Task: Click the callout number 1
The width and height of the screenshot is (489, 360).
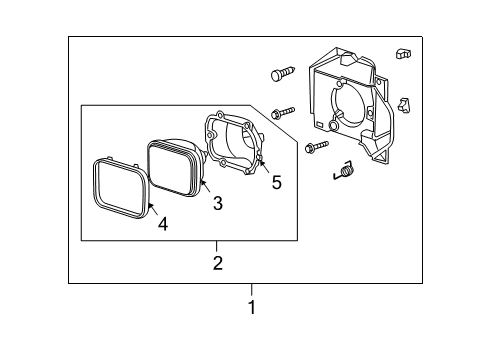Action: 252,308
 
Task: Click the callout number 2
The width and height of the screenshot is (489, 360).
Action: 216,264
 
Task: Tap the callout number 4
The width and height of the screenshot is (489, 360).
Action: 162,224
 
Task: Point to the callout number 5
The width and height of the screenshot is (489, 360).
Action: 276,183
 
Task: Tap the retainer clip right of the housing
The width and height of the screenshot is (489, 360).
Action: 404,103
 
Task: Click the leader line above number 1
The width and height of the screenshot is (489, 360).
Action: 252,291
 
